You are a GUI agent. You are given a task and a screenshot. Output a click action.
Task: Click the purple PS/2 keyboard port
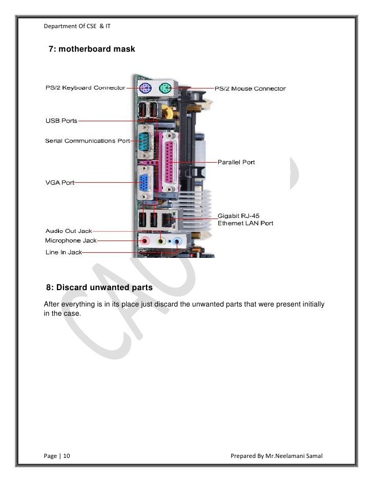[x=146, y=89]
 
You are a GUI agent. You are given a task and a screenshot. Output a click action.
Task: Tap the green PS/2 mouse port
[x=165, y=89]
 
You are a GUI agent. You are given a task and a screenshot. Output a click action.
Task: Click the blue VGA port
[x=146, y=183]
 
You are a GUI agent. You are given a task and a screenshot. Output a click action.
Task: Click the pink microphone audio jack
[x=146, y=240]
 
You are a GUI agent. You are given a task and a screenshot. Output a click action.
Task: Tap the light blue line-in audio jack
[x=177, y=240]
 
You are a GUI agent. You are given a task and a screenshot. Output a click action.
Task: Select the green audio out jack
[x=161, y=240]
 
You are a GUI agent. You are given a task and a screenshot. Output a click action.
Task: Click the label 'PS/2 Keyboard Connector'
[x=85, y=88]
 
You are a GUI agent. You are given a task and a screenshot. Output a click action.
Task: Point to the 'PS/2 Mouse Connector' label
[x=250, y=89]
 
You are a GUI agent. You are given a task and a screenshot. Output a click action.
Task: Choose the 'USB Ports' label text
[x=61, y=121]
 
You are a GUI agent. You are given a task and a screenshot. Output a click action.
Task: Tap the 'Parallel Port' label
[x=236, y=162]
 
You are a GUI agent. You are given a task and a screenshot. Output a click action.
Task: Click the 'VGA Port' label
[x=60, y=182]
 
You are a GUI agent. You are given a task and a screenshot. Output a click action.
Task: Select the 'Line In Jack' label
[x=64, y=252]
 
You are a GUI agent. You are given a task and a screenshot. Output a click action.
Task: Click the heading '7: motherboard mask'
[x=92, y=49]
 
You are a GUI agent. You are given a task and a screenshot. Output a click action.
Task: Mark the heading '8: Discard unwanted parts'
[x=99, y=288]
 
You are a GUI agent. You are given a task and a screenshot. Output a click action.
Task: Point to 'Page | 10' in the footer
[x=57, y=455]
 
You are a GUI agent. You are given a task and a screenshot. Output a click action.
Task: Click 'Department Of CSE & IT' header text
[x=77, y=26]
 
